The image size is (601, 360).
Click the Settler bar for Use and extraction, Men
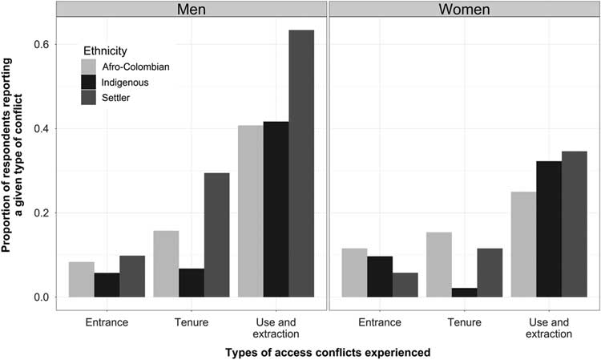point(301,164)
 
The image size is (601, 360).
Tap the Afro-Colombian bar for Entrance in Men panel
point(82,280)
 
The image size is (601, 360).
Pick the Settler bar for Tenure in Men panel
point(216,235)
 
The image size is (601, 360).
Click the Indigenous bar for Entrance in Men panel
point(107,285)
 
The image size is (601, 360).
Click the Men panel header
point(192,12)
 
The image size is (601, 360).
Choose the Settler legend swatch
point(90,97)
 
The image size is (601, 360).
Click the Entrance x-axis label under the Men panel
point(107,322)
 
